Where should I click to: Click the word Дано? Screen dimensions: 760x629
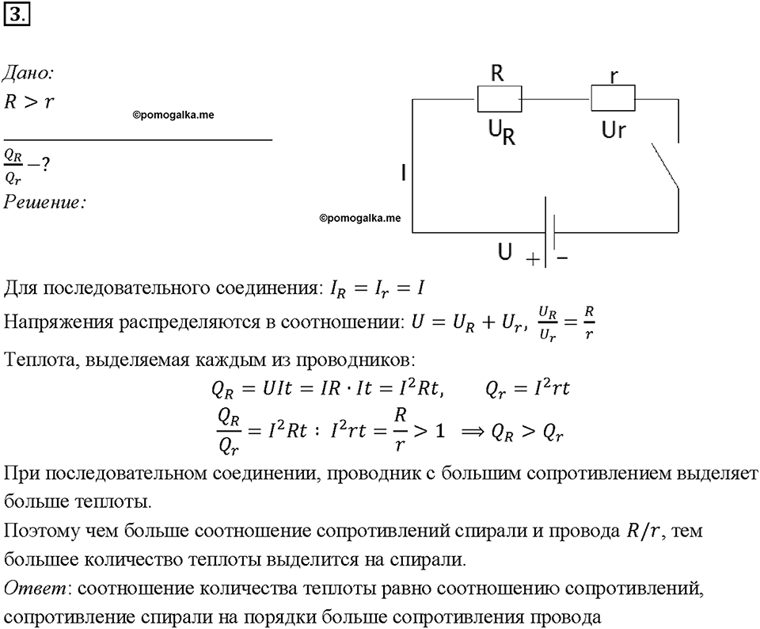tap(28, 73)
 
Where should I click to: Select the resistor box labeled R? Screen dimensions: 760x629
tap(500, 99)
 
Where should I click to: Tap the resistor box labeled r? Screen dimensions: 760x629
tap(613, 98)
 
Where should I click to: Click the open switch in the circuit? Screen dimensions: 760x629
tap(664, 165)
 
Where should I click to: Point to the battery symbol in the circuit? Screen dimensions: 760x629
tap(549, 232)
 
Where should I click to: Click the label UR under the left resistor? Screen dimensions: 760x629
tap(501, 132)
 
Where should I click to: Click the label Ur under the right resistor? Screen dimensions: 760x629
tap(613, 130)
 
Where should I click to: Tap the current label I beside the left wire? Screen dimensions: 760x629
tap(403, 173)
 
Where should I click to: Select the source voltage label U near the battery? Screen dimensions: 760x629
tap(504, 252)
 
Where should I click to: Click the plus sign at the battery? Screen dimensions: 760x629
tap(533, 260)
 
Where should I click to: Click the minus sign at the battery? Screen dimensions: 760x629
tap(562, 257)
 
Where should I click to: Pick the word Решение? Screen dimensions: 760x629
tap(44, 202)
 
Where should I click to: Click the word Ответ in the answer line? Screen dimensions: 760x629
tap(35, 589)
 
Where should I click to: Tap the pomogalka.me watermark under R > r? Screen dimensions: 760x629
tap(173, 115)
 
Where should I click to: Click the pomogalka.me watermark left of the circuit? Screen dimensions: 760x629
tap(359, 218)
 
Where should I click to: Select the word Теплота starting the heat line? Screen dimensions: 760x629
tap(40, 360)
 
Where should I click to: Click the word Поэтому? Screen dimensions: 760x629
tap(40, 531)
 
